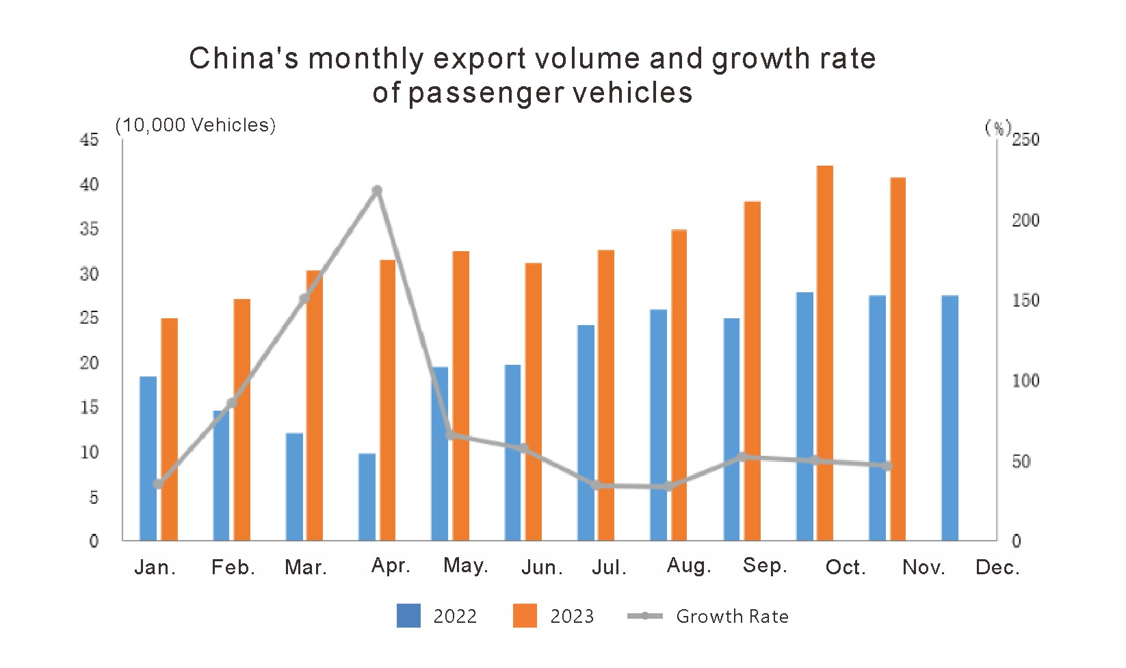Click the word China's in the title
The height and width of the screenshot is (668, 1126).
[244, 59]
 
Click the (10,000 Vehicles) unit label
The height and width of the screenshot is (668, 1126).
[195, 125]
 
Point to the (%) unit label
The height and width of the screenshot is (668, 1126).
[997, 127]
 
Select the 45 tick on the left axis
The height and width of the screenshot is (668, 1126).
[89, 140]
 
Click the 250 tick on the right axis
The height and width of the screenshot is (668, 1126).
[1025, 140]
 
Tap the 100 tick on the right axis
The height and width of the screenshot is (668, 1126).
[1025, 381]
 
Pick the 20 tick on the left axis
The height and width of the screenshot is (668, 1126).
[89, 363]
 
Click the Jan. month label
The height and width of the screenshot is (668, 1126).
[155, 567]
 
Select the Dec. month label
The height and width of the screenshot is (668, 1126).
[997, 567]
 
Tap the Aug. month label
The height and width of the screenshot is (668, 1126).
[689, 566]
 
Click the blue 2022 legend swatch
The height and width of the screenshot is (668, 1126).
[408, 616]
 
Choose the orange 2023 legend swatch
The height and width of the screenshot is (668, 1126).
[525, 616]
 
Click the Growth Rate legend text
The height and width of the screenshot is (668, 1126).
[732, 617]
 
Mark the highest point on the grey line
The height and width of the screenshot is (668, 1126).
[377, 190]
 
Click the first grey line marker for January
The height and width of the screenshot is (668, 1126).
[158, 484]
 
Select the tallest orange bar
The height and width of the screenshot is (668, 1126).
[825, 352]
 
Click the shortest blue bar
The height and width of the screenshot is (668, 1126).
[367, 497]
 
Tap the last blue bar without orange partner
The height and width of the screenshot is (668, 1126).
[950, 417]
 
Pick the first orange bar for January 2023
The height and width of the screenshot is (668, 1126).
[170, 429]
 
